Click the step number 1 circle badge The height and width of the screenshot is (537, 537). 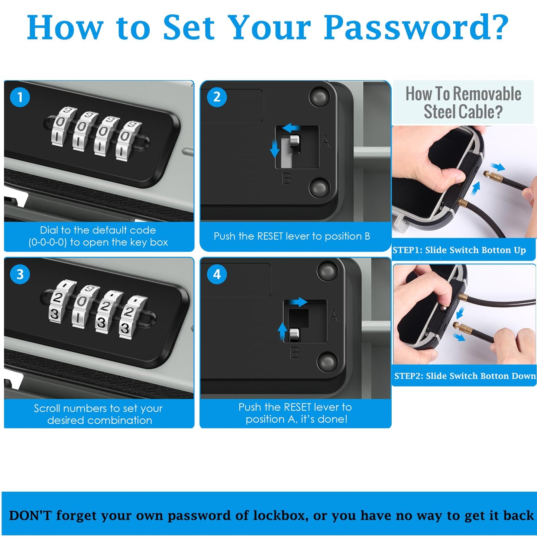tap(20, 97)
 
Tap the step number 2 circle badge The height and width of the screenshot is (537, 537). tap(217, 97)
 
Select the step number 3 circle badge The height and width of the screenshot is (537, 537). tap(20, 275)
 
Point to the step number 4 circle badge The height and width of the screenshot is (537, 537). tap(217, 275)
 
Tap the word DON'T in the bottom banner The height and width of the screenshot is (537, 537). tap(30, 515)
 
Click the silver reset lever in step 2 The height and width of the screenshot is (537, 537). tap(294, 143)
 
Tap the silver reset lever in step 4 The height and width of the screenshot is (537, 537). tap(294, 335)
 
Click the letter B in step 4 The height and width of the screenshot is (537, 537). tap(295, 353)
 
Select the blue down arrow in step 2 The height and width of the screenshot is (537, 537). tap(275, 149)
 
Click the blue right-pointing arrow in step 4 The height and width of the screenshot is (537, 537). tap(298, 302)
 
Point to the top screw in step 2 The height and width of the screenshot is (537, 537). tap(320, 97)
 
